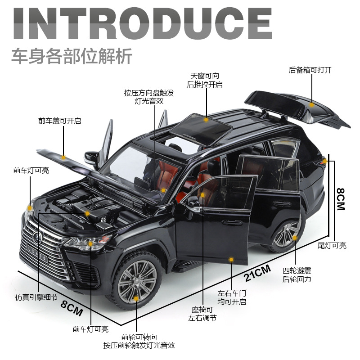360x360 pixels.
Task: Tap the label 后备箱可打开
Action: click(310, 70)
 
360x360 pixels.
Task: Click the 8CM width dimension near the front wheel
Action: click(72, 310)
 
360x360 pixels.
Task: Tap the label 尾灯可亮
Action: click(332, 246)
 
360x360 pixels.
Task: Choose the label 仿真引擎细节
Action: click(36, 297)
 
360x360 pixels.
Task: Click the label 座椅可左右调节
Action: click(202, 314)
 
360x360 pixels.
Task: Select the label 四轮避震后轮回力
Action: click(297, 275)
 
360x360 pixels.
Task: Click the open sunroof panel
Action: click(202, 126)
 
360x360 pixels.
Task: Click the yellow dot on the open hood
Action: click(63, 157)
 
